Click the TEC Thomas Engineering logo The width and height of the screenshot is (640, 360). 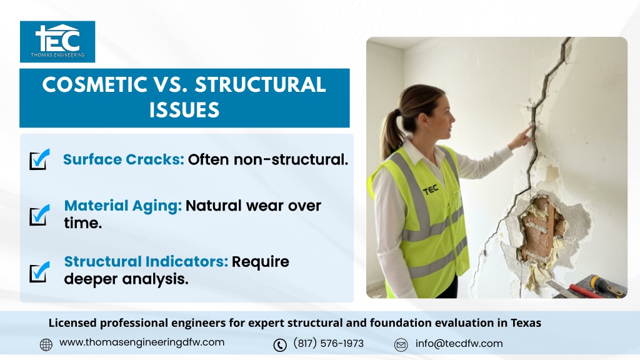click(57, 42)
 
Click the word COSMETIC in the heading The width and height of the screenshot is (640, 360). click(95, 85)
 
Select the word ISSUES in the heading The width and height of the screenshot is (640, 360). click(184, 110)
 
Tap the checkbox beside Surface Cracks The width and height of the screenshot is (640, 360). click(39, 159)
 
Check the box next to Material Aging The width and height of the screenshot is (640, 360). click(39, 215)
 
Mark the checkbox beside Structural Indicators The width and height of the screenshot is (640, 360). click(39, 272)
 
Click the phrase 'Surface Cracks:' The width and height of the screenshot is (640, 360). click(124, 159)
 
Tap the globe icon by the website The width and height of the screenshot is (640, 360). click(46, 344)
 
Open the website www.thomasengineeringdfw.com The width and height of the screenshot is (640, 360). click(142, 342)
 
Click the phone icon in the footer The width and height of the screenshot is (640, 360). click(280, 345)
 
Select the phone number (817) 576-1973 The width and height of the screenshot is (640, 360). click(329, 343)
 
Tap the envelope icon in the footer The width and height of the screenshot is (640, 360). click(401, 345)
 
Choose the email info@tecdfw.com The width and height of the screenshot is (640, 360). click(459, 343)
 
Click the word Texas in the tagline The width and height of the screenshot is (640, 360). click(526, 323)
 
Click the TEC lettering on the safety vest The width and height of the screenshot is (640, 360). click(431, 190)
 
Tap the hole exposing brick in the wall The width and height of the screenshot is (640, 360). click(541, 229)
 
